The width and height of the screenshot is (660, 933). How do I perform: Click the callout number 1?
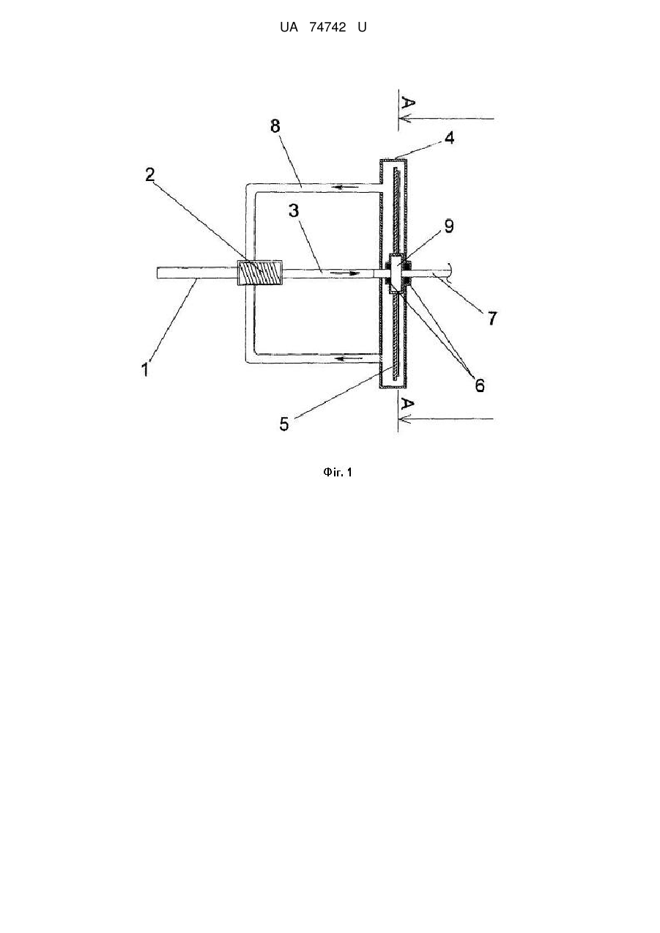pyautogui.click(x=145, y=369)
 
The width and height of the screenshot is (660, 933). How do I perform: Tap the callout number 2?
pyautogui.click(x=150, y=174)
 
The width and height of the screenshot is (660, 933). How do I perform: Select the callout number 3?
pyautogui.click(x=294, y=211)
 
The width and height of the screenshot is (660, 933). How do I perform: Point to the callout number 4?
pyautogui.click(x=449, y=138)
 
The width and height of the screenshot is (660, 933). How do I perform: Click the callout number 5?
pyautogui.click(x=284, y=424)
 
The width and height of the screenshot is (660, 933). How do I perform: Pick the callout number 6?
pyautogui.click(x=480, y=386)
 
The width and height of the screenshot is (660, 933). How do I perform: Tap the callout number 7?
pyautogui.click(x=492, y=319)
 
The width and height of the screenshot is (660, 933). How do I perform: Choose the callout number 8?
pyautogui.click(x=275, y=126)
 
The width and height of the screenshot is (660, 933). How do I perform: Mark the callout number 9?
pyautogui.click(x=449, y=226)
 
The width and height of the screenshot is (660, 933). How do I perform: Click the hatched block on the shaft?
pyautogui.click(x=259, y=273)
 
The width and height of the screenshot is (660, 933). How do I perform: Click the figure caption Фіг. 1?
pyautogui.click(x=337, y=472)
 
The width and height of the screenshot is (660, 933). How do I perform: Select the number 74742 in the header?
pyautogui.click(x=327, y=27)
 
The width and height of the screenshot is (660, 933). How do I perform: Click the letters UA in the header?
pyautogui.click(x=289, y=27)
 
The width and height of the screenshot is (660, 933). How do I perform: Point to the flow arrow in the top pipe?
pyautogui.click(x=345, y=187)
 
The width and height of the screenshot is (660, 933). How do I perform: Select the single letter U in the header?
pyautogui.click(x=363, y=27)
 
